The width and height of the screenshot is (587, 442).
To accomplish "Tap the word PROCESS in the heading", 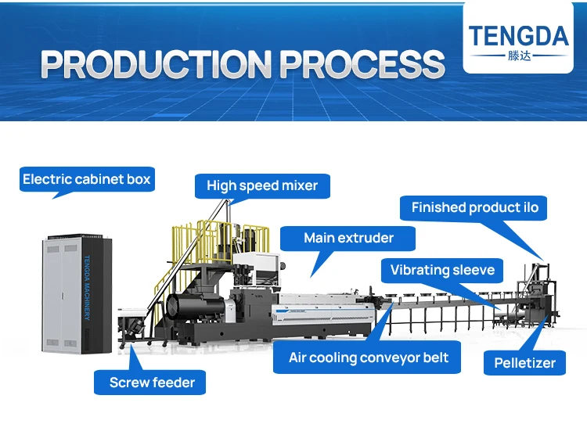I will click(x=362, y=64).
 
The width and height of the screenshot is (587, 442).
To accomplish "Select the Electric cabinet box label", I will click(x=86, y=180).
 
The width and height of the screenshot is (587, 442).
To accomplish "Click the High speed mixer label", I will click(x=262, y=186).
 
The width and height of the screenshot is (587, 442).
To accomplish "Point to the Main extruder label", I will click(x=348, y=238).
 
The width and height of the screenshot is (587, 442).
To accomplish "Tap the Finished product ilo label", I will click(x=475, y=208).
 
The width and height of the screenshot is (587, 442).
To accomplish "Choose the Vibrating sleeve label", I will click(x=442, y=271).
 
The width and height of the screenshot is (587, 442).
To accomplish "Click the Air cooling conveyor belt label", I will click(x=369, y=358).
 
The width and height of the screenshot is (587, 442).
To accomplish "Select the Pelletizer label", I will click(x=524, y=364).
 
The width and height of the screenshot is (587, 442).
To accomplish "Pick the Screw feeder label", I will click(x=152, y=383).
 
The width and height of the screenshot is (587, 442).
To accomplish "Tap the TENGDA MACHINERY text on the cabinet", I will click(x=87, y=286).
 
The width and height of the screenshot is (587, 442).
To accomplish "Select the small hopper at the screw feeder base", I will click(x=131, y=320).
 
